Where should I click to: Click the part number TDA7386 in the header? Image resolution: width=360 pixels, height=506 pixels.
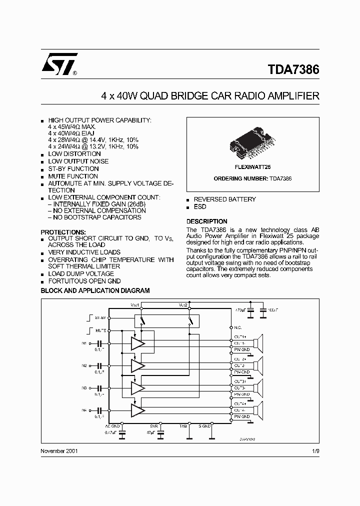coord(290,71)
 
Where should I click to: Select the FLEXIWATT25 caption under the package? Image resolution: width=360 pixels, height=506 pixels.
coord(252,168)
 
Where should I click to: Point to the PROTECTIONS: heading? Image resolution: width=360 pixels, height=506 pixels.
coord(63,232)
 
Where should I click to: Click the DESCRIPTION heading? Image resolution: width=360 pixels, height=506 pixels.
coord(206,221)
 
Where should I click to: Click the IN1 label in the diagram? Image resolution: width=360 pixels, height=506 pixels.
coord(84,343)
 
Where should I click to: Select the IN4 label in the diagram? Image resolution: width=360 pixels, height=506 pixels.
coord(84,410)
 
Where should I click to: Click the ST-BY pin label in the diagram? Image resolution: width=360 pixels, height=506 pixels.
coord(100,317)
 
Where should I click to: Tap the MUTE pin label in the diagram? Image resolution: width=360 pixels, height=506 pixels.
coord(101,330)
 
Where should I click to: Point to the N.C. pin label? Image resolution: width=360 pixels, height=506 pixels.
coord(237,327)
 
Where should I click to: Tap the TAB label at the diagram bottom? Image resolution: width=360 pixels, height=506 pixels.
coord(183,425)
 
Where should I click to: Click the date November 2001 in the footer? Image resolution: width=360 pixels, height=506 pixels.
coord(58,450)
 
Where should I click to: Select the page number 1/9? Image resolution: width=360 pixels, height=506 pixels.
coord(314,450)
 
